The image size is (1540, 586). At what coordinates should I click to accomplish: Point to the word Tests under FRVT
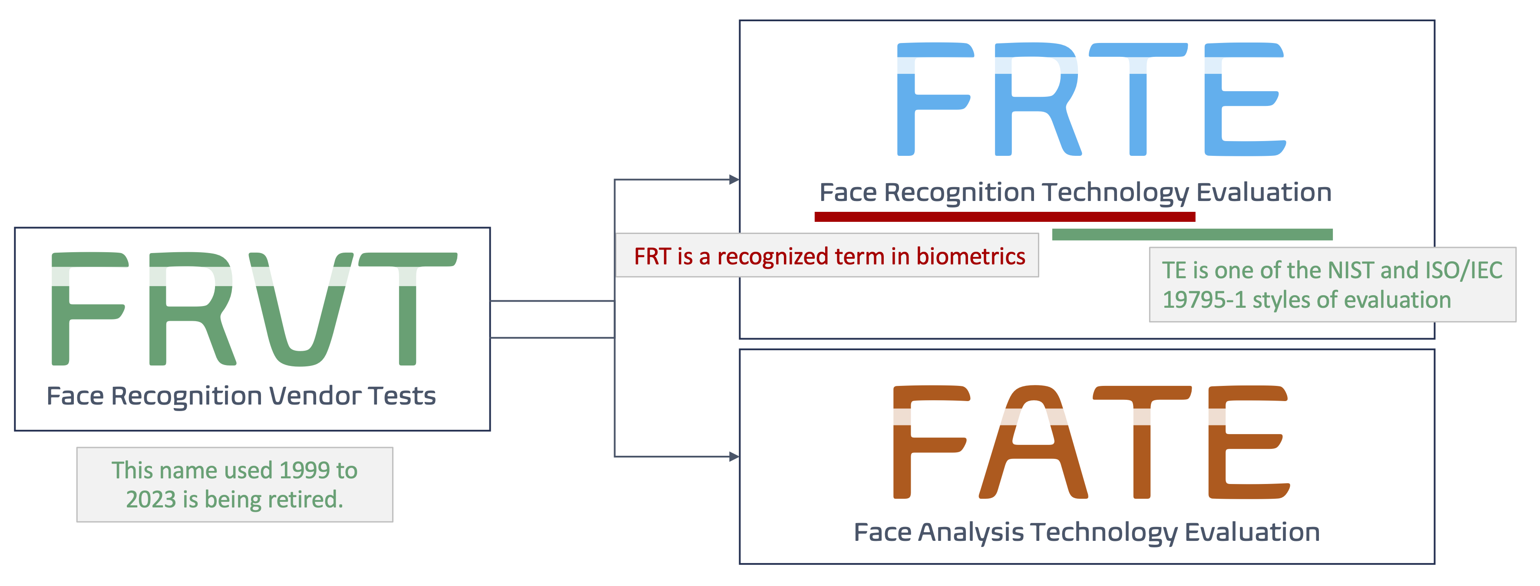coord(402,396)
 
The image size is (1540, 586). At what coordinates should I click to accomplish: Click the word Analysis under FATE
coord(971,532)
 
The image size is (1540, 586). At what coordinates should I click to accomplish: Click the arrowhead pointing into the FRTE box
coord(734,179)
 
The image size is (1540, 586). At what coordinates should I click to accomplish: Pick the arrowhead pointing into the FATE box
coord(734,457)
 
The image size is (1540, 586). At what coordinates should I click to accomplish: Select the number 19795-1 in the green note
coord(1203,300)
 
